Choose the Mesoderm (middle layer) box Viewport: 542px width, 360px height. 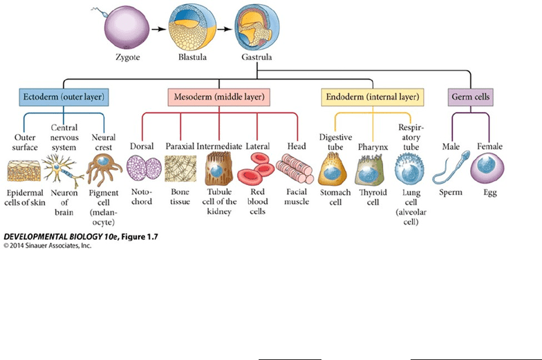tap(218, 97)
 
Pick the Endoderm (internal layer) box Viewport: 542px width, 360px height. tap(372, 97)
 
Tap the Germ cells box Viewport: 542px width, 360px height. tap(471, 97)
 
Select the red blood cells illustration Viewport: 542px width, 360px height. tap(256, 169)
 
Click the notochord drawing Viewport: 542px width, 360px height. tap(144, 169)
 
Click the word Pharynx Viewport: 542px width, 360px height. tap(373, 146)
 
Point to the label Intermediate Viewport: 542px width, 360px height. tap(219, 146)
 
